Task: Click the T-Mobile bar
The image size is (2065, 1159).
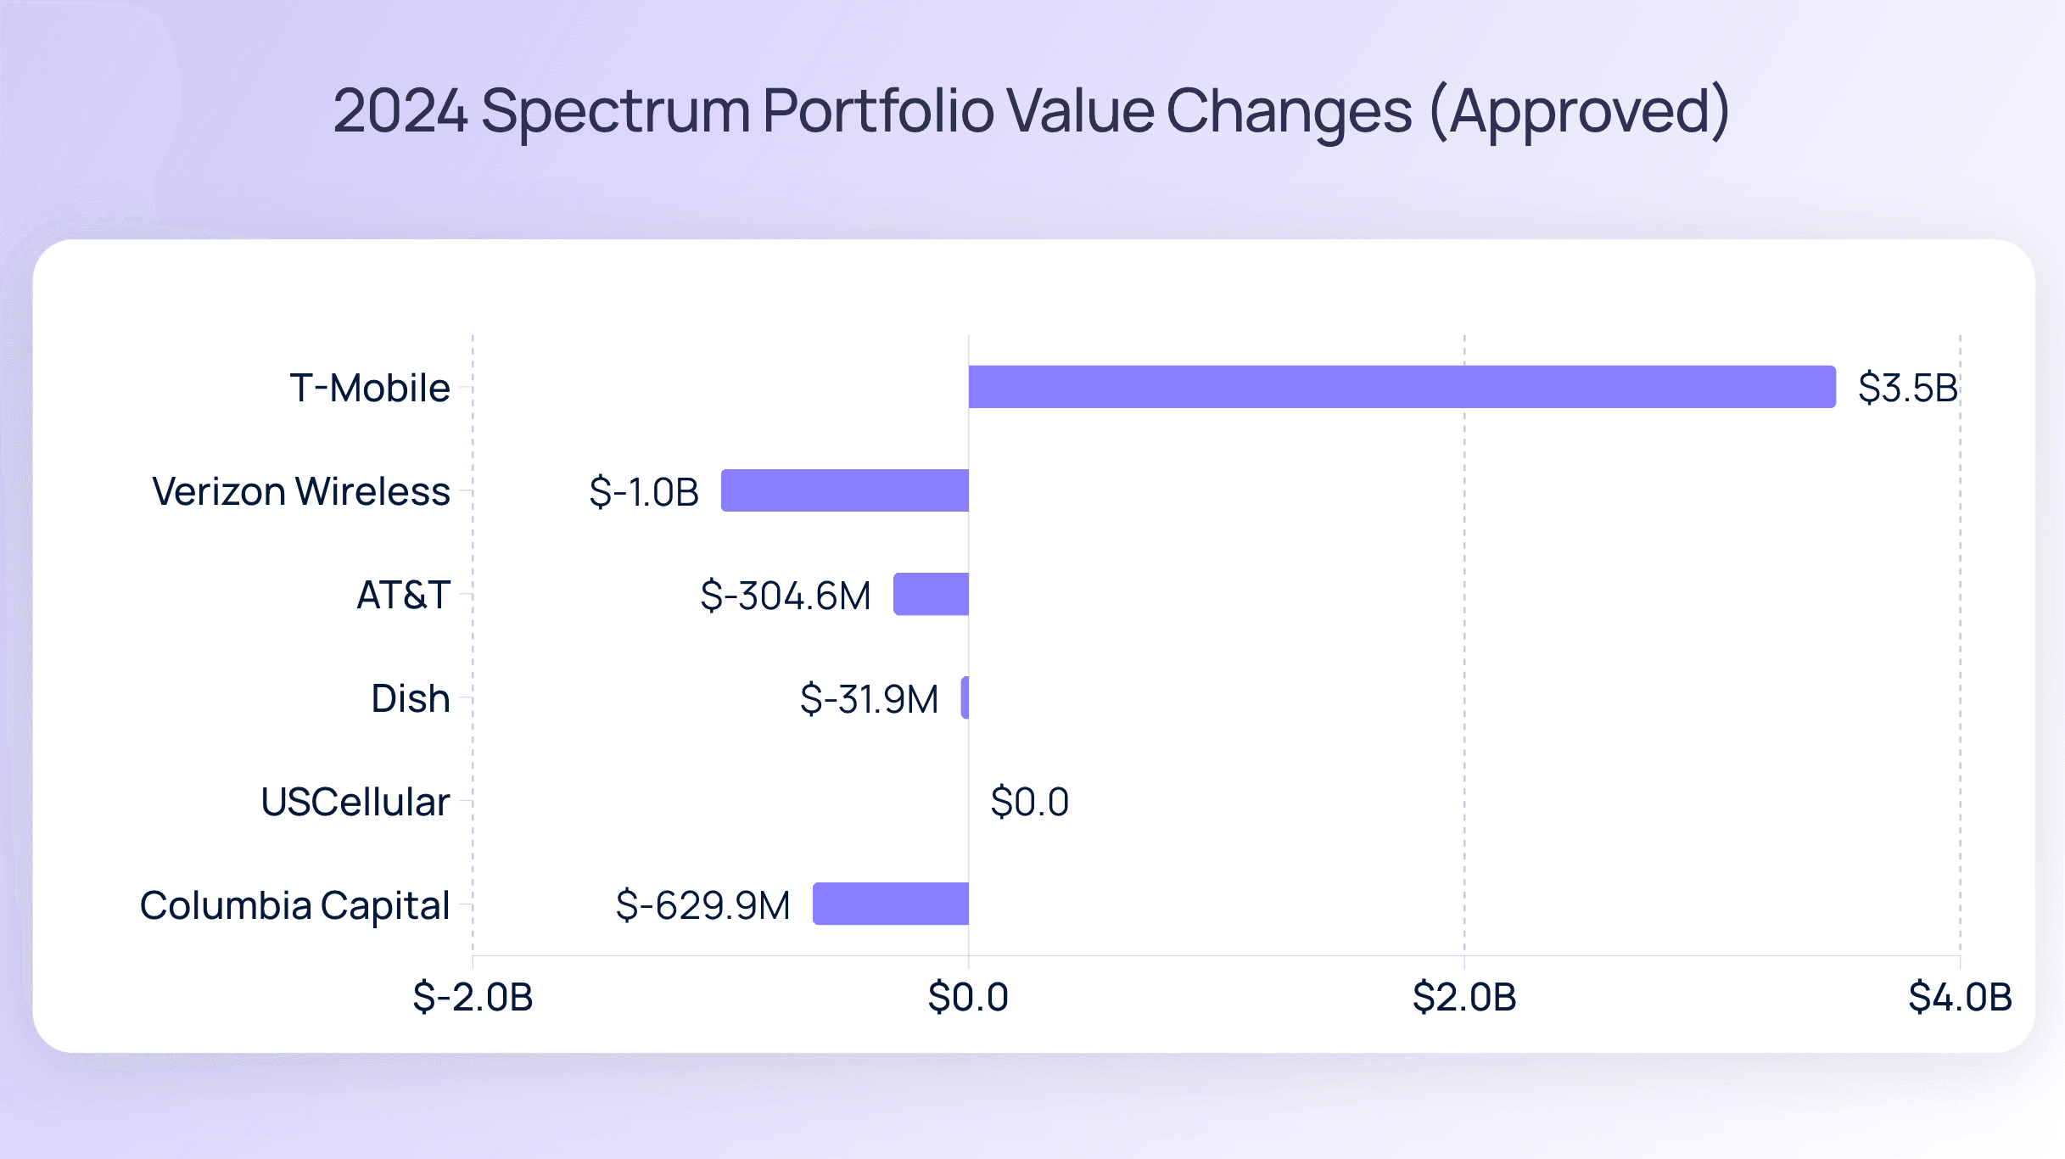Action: [x=1402, y=387]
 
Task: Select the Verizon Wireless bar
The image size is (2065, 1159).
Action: [x=845, y=490]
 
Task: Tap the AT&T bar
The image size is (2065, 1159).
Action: [x=931, y=594]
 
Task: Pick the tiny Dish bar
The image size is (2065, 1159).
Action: [x=965, y=697]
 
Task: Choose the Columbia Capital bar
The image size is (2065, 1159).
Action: [x=891, y=904]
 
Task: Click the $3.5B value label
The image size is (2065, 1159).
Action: [x=1907, y=388]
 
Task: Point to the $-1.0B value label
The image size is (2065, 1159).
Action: [x=644, y=492]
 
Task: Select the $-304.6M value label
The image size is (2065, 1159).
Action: [x=785, y=596]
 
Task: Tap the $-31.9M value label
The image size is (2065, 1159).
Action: [x=869, y=699]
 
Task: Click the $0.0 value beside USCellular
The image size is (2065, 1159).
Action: [x=1029, y=802]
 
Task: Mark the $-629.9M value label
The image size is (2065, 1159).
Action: [x=702, y=905]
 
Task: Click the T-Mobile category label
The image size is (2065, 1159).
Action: [x=370, y=388]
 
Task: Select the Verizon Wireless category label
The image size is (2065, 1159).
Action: [x=301, y=491]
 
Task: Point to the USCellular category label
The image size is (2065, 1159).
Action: [x=355, y=802]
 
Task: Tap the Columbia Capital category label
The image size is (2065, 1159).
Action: [x=294, y=905]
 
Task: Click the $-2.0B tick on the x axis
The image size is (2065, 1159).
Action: [x=473, y=997]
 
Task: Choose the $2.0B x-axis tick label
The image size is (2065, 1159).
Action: [x=1464, y=997]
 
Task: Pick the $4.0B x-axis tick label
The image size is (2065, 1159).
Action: [x=1960, y=997]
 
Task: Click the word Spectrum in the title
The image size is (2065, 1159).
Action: [x=616, y=111]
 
